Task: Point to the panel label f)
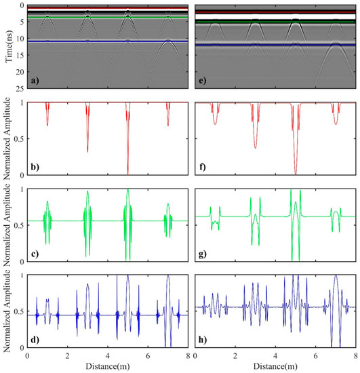click(201, 168)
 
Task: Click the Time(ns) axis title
click(6, 45)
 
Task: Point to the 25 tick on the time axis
click(20, 89)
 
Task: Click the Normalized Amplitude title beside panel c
click(6, 224)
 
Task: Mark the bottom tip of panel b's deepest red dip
click(127, 174)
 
